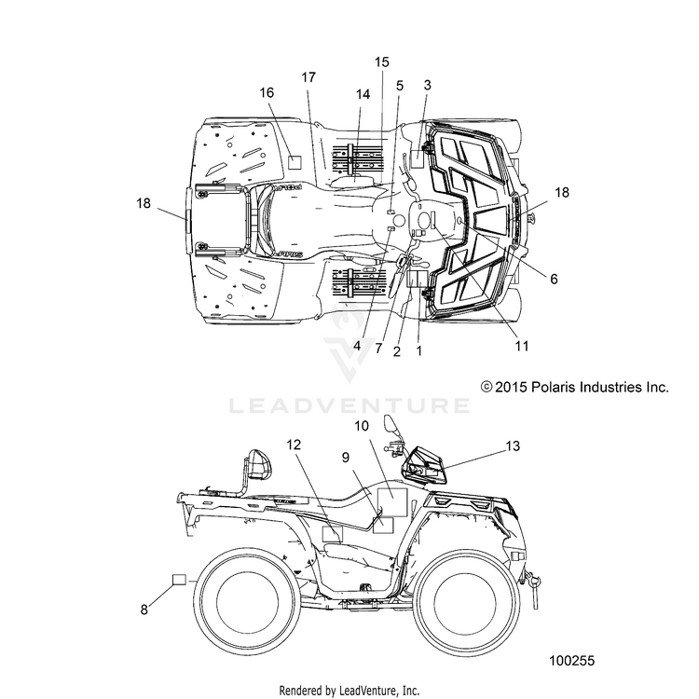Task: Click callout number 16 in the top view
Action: coord(267,92)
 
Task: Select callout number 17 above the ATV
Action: coord(308,77)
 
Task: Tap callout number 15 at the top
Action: coord(381,62)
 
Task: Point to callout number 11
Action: coord(522,346)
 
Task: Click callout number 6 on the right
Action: coord(554,279)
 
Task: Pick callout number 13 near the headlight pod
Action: coord(514,445)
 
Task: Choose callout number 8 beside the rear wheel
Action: coord(144,610)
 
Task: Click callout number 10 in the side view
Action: coord(362,426)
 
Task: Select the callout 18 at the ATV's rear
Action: coord(144,203)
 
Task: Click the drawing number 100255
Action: coord(572,660)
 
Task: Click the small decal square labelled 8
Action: coord(179,579)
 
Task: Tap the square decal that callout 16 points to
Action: coord(295,162)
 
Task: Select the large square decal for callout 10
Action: coord(392,502)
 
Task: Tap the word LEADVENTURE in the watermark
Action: coord(349,405)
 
